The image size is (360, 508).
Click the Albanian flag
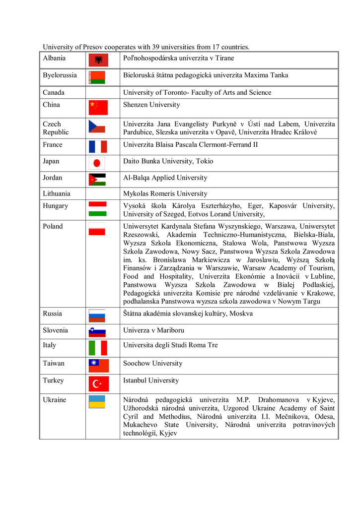[x=98, y=60]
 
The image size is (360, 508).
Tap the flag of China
[x=98, y=107]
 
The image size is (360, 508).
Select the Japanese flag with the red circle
[x=97, y=163]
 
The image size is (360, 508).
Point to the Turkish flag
[x=98, y=383]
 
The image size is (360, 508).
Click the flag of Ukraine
[x=97, y=402]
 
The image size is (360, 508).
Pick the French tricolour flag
[x=98, y=146]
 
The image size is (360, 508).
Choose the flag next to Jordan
[x=97, y=180]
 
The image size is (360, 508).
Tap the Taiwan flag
[x=98, y=366]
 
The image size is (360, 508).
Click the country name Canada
[x=54, y=93]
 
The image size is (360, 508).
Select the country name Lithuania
[x=57, y=194]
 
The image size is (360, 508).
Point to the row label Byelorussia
[x=60, y=75]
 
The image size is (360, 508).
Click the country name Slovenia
[x=56, y=330]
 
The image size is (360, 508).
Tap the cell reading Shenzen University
[x=151, y=105]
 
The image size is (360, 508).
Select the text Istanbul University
[x=151, y=381]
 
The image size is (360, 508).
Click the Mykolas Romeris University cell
[x=165, y=194]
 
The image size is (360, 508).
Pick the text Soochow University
[x=153, y=364]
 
